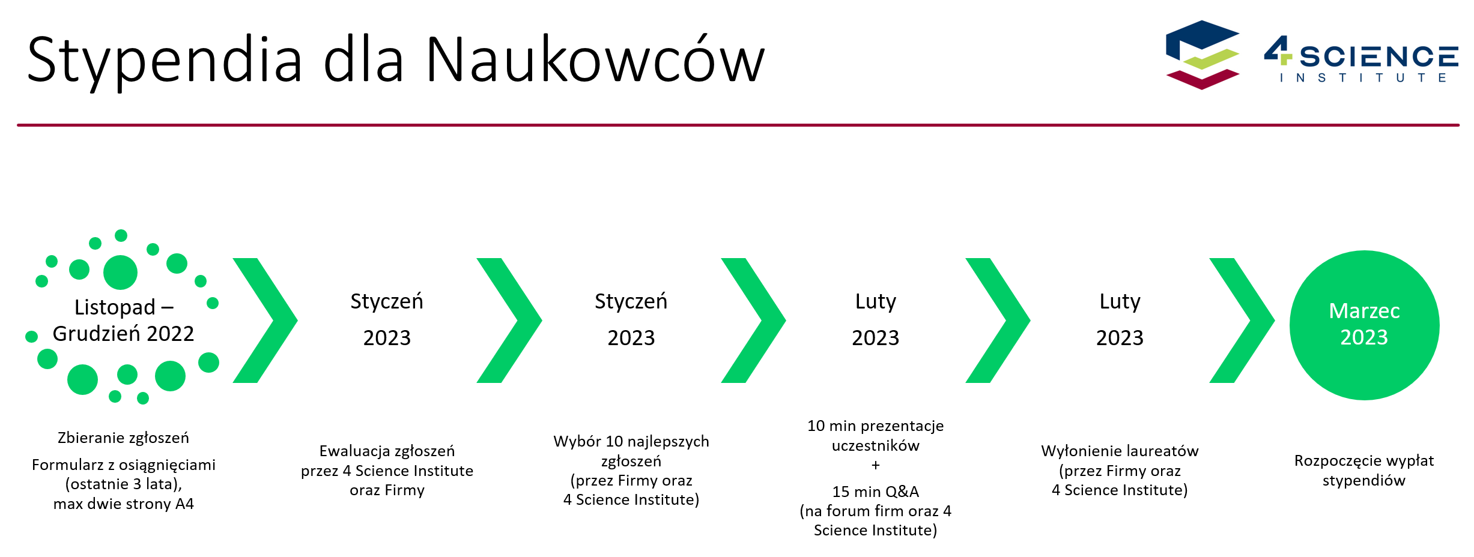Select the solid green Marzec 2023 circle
[1364, 325]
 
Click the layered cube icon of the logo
[1203, 55]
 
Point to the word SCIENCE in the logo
[1379, 57]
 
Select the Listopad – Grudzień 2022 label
[124, 320]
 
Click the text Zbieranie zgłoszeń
[123, 438]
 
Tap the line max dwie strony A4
[123, 504]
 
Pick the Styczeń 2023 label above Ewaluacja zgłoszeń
[387, 319]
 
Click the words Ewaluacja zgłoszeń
[387, 451]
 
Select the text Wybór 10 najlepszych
[631, 441]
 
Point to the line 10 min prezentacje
[875, 426]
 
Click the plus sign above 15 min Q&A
[875, 465]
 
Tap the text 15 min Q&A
[875, 492]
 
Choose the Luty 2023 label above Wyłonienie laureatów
[1120, 319]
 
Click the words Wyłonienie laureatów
[1120, 451]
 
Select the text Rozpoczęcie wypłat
[1363, 460]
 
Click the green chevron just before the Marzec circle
[1242, 321]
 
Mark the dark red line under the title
[738, 125]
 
